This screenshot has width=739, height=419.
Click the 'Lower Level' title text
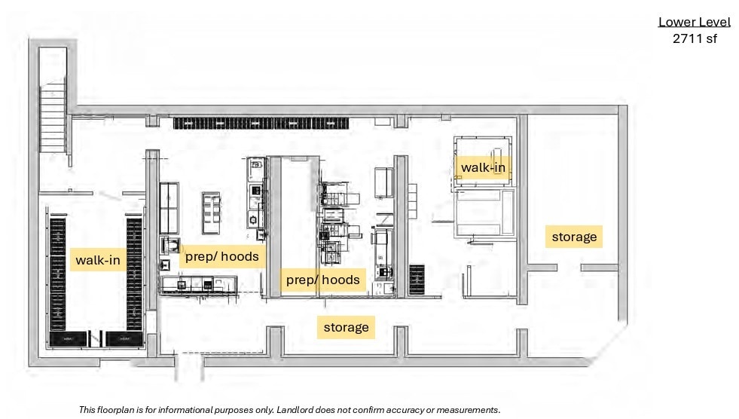pyautogui.click(x=694, y=22)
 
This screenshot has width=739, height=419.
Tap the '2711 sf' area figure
pyautogui.click(x=694, y=39)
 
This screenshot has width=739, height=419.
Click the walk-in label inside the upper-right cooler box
pyautogui.click(x=482, y=167)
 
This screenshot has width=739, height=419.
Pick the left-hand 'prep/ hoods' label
pyautogui.click(x=221, y=256)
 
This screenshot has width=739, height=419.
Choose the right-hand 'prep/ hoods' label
pyautogui.click(x=322, y=280)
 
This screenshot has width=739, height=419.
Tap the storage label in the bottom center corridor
pyautogui.click(x=346, y=327)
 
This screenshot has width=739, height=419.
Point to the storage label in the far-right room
pyautogui.click(x=574, y=237)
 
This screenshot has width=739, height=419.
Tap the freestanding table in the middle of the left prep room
pyautogui.click(x=212, y=213)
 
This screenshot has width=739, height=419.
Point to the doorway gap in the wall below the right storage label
pyautogui.click(x=569, y=268)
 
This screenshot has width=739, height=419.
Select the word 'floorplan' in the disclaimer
pyautogui.click(x=120, y=410)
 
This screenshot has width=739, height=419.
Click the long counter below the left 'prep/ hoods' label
pyautogui.click(x=199, y=283)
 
